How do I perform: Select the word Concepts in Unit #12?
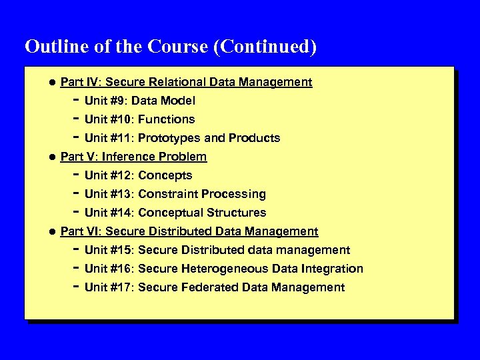click(165, 176)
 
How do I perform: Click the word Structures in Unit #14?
click(237, 213)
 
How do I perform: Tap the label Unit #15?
click(108, 251)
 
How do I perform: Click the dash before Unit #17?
click(75, 287)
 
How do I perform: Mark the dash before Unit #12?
click(75, 175)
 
